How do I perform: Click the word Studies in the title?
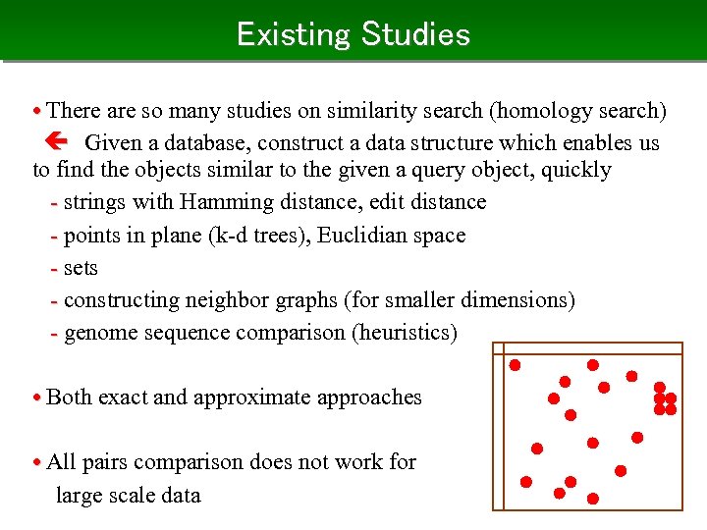[x=415, y=34]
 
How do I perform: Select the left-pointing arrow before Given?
[x=58, y=143]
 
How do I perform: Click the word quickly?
[x=574, y=170]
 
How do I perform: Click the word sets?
[x=81, y=268]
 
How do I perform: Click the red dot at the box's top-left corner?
[x=515, y=365]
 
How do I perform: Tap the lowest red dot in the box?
[x=593, y=500]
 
